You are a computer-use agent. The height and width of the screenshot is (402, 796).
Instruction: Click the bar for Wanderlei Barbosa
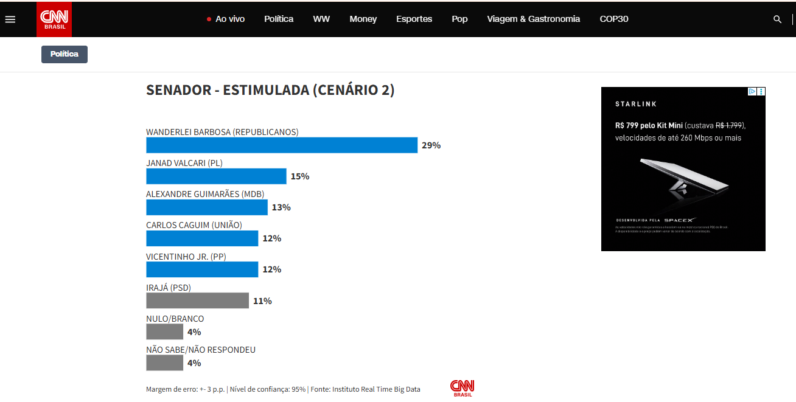pos(282,145)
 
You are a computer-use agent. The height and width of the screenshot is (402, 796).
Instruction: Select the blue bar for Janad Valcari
pos(216,176)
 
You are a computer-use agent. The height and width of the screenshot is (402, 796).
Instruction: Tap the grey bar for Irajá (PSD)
pos(197,300)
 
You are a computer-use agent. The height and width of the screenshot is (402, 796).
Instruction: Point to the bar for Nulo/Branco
pos(164,331)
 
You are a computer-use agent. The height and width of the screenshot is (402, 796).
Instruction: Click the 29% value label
pos(431,145)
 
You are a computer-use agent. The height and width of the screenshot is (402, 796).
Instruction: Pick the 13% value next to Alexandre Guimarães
pos(281,207)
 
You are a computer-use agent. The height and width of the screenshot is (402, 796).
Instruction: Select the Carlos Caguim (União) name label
pos(194,225)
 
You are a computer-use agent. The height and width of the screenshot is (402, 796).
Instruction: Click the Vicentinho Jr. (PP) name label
pos(186,256)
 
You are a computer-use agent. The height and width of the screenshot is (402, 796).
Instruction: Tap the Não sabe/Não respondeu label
pos(201,350)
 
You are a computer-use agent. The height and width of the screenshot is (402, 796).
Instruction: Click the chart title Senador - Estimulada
pos(270,90)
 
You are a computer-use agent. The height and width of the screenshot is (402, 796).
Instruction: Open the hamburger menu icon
pos(10,19)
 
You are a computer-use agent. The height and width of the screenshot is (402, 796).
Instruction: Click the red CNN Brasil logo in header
pos(54,19)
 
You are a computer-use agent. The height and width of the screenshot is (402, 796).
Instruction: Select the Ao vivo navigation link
pos(226,19)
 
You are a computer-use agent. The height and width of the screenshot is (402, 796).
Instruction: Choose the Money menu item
pos(363,19)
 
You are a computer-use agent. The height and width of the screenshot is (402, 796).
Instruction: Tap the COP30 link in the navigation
pos(614,19)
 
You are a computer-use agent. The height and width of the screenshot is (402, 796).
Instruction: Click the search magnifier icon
pos(777,19)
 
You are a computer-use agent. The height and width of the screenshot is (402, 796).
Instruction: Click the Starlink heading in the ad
pos(636,104)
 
